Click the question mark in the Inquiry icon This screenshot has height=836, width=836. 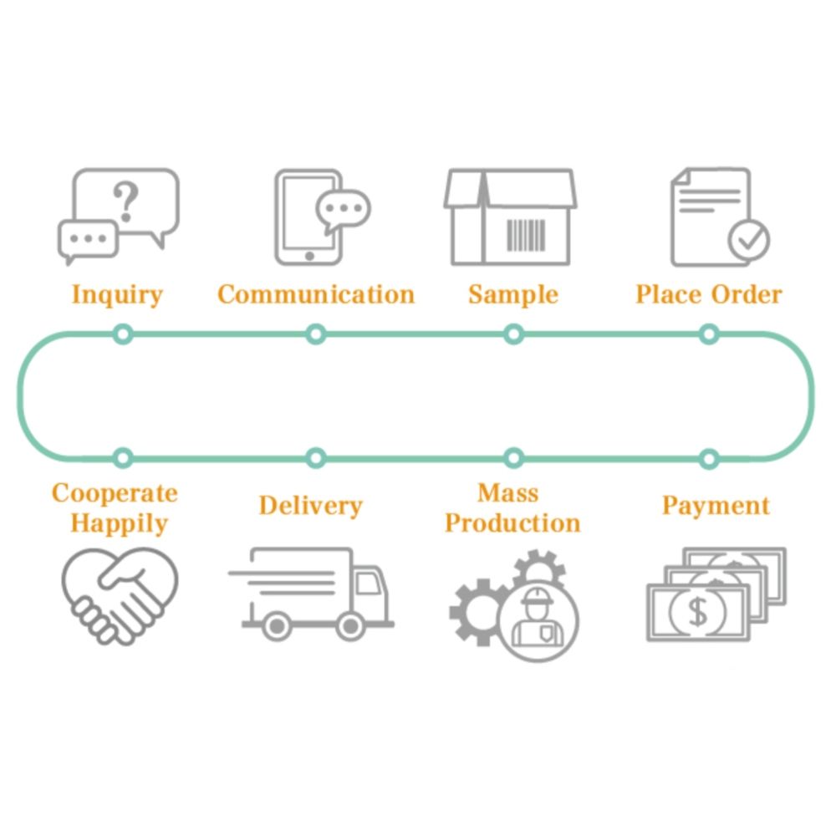(x=126, y=201)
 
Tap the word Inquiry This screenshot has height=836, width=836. (x=117, y=295)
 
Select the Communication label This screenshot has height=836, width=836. (x=316, y=295)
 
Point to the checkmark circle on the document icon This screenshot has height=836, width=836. (x=748, y=239)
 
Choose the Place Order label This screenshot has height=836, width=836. (x=709, y=295)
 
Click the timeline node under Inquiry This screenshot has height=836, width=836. (x=123, y=334)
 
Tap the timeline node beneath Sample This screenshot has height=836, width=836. (x=514, y=334)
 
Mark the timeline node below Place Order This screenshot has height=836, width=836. (x=709, y=334)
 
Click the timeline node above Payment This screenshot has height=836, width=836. (x=709, y=458)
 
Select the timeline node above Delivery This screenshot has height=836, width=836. (x=315, y=458)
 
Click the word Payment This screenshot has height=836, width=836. (x=716, y=507)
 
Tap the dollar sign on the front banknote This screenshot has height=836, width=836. (x=697, y=613)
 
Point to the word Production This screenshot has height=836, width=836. (x=512, y=524)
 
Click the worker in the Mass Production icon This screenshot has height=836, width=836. (x=538, y=621)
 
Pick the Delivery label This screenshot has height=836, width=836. (x=310, y=507)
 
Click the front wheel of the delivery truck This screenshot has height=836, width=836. (x=350, y=624)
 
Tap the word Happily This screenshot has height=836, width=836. (x=119, y=524)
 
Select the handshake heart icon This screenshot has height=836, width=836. (x=120, y=594)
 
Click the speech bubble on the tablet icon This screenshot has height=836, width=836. (x=343, y=209)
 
